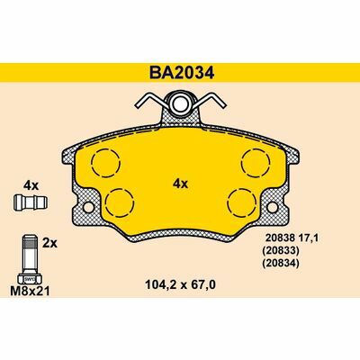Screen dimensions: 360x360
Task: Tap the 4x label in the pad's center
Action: [x=179, y=184]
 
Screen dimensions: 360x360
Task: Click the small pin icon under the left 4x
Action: [x=29, y=202]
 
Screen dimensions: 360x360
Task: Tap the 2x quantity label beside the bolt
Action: [x=50, y=243]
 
